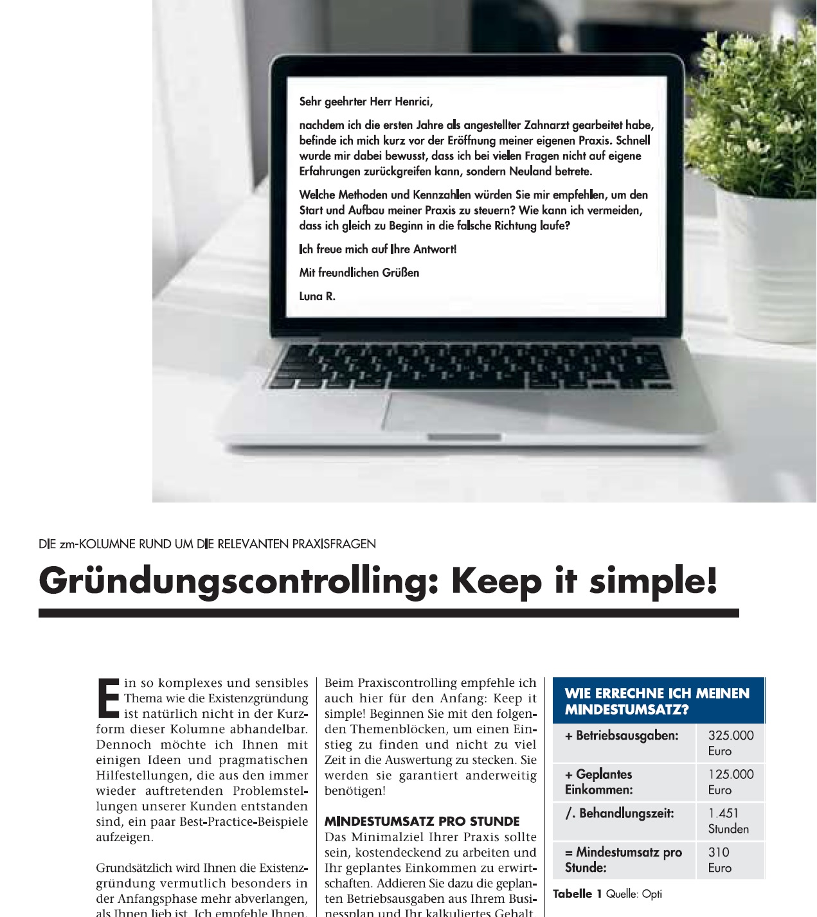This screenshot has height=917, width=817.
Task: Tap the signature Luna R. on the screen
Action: (317, 296)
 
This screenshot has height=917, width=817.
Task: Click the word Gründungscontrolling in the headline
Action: (240, 582)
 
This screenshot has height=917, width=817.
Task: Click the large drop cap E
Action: (108, 697)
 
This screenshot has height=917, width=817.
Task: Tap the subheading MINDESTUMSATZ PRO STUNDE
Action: (422, 821)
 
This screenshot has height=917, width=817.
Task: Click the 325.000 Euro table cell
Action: (730, 743)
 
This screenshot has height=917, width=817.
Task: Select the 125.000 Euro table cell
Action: (730, 782)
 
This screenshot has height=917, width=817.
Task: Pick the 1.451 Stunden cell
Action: (728, 821)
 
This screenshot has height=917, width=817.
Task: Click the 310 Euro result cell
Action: (720, 860)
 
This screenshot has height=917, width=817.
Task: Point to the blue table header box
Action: (658, 700)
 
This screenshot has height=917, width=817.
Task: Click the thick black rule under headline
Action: (388, 613)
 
